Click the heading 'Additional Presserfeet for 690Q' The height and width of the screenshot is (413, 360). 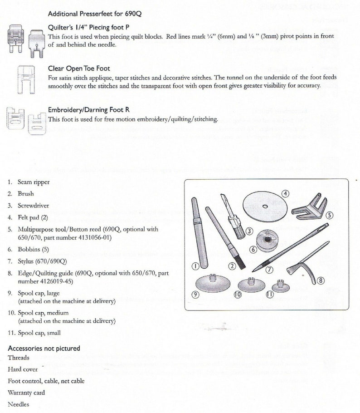95,14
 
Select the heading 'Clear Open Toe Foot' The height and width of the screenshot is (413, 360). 79,69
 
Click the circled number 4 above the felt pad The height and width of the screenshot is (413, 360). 285,193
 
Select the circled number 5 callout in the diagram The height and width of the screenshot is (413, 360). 330,215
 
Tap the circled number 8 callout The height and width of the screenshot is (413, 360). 321,280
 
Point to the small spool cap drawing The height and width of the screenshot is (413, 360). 278,286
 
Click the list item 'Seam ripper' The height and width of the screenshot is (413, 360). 34,182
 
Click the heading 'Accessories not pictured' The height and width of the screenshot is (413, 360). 44,348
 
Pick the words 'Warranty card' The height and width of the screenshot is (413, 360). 26,392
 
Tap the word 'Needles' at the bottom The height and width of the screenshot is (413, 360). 19,403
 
